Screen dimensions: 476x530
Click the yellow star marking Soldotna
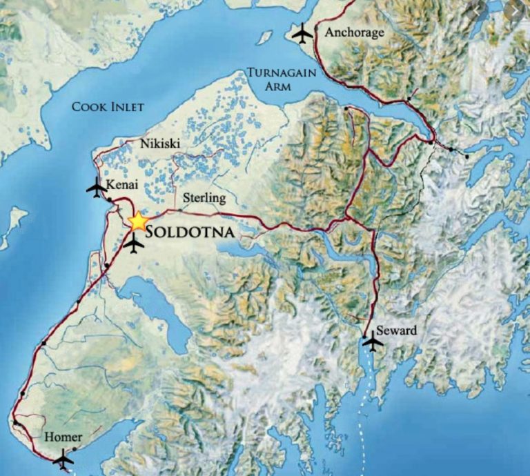(138, 221)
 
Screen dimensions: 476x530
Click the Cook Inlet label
(108, 107)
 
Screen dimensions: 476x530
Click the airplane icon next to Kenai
(96, 186)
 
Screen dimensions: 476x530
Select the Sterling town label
(204, 198)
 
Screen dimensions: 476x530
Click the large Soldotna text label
(187, 233)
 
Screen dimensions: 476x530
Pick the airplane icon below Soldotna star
(135, 244)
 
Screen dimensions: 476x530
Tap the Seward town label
(397, 330)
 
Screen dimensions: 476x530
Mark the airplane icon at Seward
(372, 341)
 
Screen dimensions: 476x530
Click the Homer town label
(62, 437)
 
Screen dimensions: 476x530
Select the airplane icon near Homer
(63, 458)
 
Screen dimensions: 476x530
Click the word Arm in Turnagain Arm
(276, 87)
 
